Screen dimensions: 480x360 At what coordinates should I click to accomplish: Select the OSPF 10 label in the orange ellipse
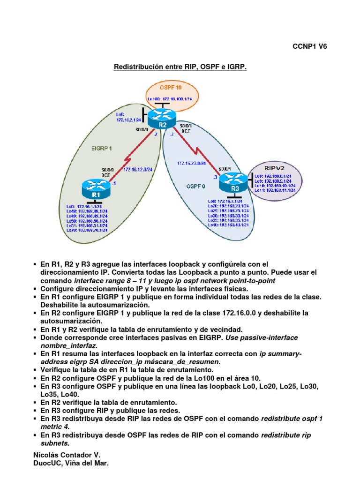point(171,88)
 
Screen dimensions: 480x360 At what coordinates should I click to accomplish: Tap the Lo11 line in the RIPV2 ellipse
point(275,190)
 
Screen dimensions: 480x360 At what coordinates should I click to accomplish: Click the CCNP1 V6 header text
point(309,46)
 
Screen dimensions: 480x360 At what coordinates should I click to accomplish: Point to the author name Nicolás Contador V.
point(67,455)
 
